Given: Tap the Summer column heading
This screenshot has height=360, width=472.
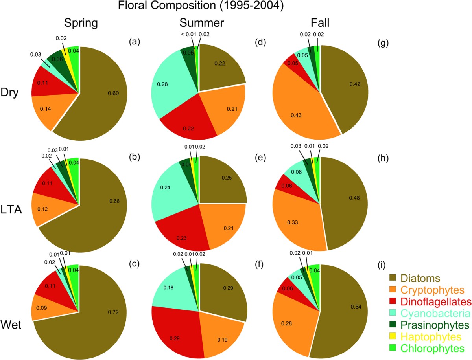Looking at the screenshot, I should coord(200,24).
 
